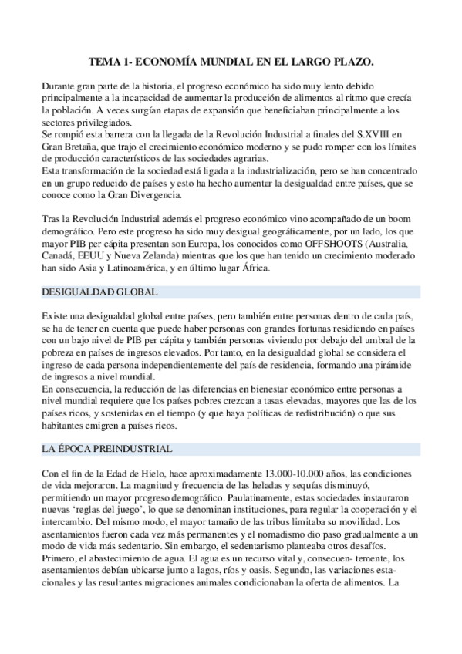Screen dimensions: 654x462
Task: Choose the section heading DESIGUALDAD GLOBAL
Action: pos(99,293)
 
